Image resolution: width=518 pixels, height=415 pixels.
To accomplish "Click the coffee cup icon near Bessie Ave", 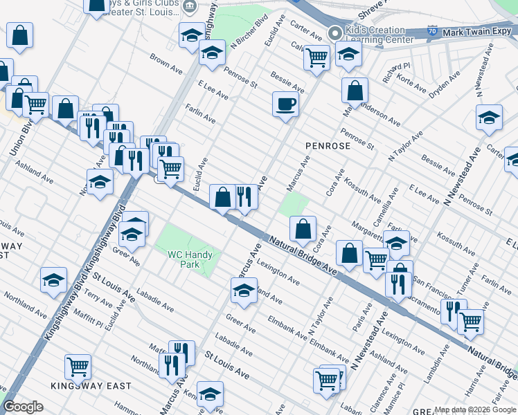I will (x=285, y=104).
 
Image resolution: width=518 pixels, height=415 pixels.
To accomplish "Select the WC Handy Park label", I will (x=190, y=259).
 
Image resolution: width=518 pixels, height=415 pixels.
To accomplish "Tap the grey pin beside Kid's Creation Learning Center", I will (x=336, y=33).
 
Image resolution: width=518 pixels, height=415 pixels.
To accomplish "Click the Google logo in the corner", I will (x=23, y=407).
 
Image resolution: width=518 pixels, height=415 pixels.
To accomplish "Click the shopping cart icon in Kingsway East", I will (x=78, y=366).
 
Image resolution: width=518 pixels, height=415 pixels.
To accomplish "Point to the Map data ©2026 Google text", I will (x=475, y=409).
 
